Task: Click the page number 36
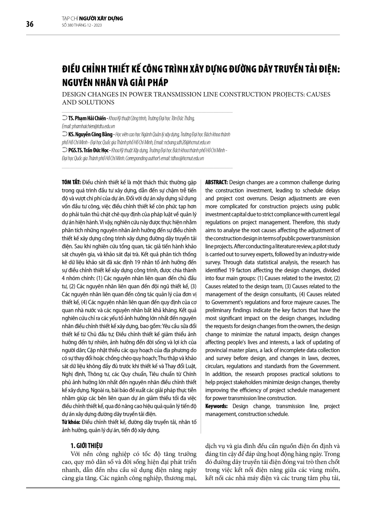[30, 24]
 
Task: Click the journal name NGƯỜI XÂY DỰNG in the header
[103, 18]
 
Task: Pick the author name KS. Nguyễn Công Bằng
[90, 134]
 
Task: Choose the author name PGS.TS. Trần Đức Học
[89, 150]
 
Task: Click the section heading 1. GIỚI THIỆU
[87, 445]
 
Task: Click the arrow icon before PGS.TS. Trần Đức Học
[64, 150]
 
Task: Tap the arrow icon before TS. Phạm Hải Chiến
[64, 118]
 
